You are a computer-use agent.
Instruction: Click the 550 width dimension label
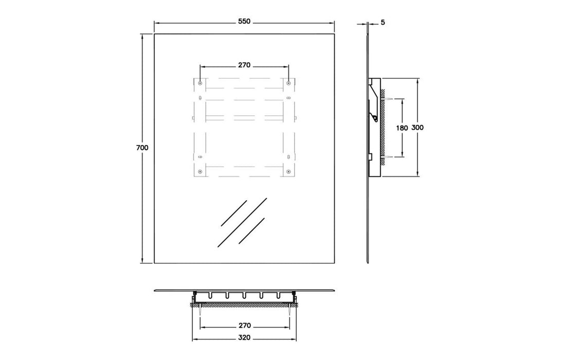(x=244, y=22)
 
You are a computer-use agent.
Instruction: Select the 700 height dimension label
(x=142, y=148)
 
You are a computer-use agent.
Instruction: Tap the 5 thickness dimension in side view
(x=384, y=22)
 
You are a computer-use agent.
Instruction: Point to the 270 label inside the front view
(x=244, y=65)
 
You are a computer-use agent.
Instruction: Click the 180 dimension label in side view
(x=402, y=127)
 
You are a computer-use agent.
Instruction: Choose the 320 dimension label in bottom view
(x=244, y=338)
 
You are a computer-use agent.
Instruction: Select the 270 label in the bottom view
(x=244, y=326)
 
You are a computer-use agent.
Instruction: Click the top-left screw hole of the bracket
(x=200, y=83)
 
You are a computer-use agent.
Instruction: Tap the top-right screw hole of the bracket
(x=288, y=82)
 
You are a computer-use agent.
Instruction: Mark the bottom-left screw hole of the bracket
(x=200, y=171)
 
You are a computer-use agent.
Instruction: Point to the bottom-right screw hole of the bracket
(x=288, y=171)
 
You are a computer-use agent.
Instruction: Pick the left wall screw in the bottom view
(x=198, y=310)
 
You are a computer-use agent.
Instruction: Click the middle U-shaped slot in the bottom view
(x=245, y=296)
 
